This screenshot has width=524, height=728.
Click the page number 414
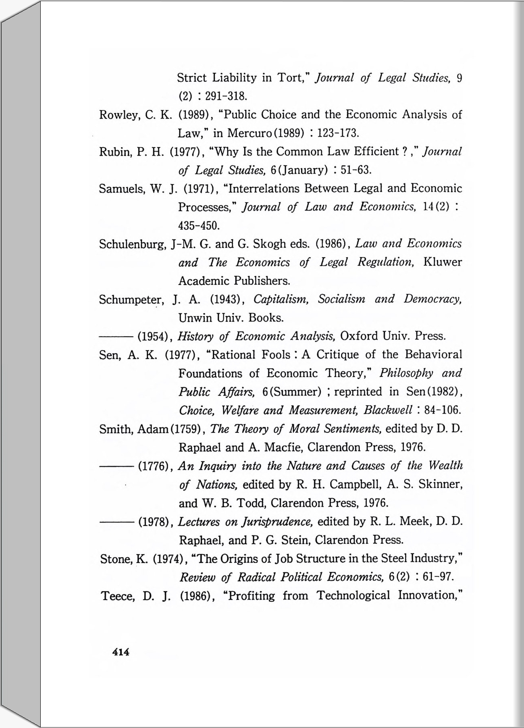click(121, 652)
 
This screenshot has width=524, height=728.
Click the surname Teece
click(117, 596)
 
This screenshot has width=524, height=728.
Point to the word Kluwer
click(443, 262)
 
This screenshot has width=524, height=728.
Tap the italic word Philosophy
click(406, 374)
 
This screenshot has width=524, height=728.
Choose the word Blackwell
click(387, 410)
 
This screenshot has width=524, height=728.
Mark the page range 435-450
click(199, 225)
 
